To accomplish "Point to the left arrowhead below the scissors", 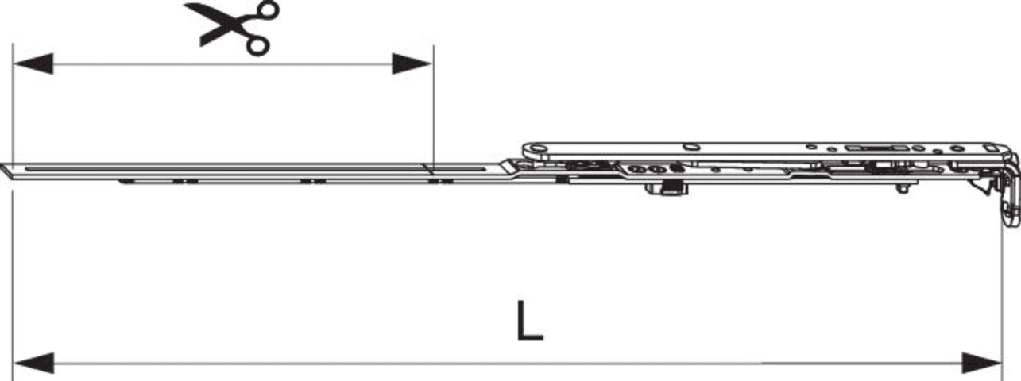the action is click(x=33, y=63).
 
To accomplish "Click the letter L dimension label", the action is click(x=530, y=326).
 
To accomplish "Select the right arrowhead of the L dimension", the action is click(x=981, y=364).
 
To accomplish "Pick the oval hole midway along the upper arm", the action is click(x=691, y=147).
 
